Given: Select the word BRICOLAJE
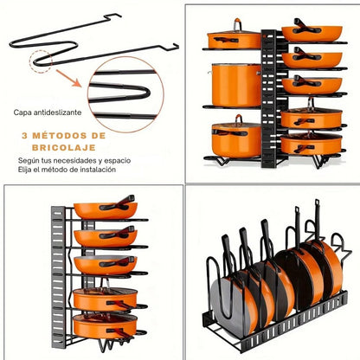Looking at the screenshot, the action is point(64,148).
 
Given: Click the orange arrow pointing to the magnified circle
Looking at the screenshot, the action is point(68,78).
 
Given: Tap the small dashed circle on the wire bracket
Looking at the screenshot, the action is point(41,61).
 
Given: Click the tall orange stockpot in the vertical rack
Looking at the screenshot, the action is point(236,85).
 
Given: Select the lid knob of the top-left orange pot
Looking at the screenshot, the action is point(237,24).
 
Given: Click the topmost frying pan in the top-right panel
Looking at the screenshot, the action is point(312,32).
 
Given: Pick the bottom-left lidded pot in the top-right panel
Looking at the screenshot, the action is point(236,138).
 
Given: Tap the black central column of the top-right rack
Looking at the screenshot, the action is point(269,99).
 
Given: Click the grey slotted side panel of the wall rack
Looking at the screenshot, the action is point(58,277).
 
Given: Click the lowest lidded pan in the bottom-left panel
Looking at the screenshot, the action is point(105,326).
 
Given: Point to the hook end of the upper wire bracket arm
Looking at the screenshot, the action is point(112,16).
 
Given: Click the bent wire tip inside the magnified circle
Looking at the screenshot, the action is point(147,93).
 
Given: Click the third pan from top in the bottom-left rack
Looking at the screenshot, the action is point(105,265).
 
